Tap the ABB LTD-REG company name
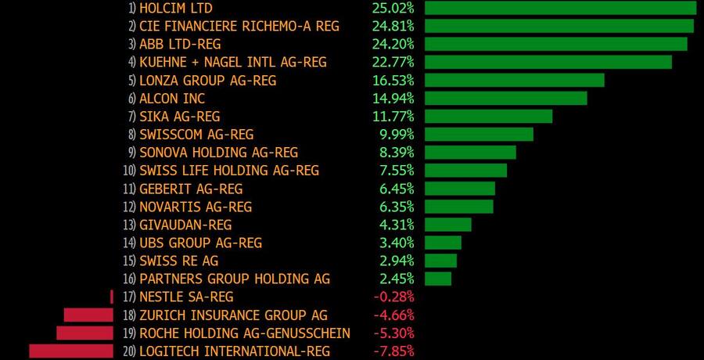coord(180,44)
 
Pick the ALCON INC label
coord(172,98)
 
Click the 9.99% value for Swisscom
coord(397,134)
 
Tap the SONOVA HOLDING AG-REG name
coord(218,152)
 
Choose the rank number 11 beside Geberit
coord(129,189)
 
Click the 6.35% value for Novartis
coord(397,207)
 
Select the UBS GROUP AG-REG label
coord(200,243)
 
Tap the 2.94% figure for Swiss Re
coord(397,261)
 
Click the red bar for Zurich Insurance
coord(88,315)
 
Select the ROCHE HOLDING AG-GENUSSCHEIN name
coord(244,333)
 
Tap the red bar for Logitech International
coord(71,351)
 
